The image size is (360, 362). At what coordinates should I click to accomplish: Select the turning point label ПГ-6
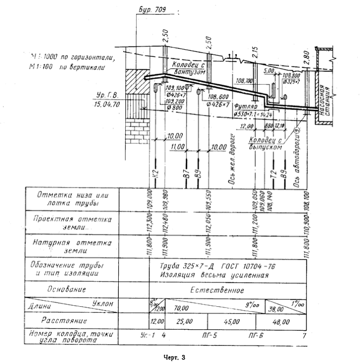256,335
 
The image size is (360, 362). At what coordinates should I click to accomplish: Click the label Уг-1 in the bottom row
143,335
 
